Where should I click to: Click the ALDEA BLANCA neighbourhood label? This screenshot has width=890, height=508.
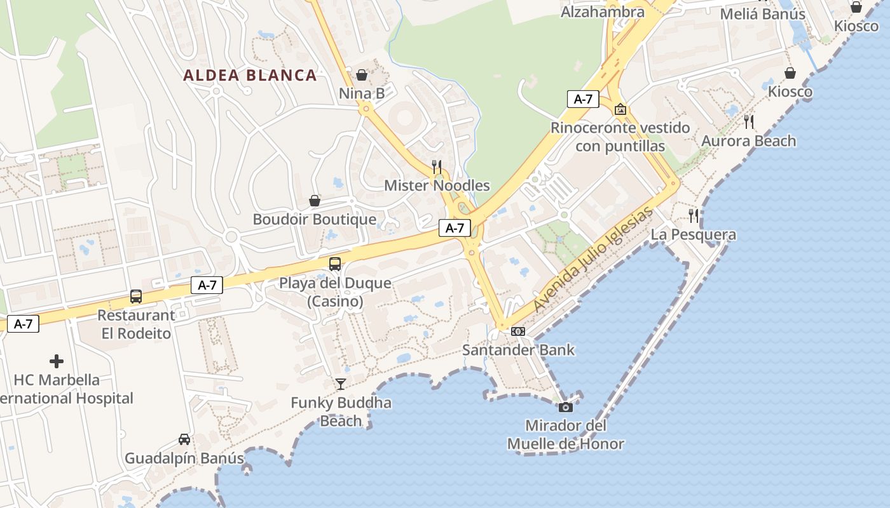pyautogui.click(x=250, y=75)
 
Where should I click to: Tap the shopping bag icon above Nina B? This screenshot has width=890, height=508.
pyautogui.click(x=362, y=75)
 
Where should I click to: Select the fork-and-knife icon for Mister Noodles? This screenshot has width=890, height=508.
pyautogui.click(x=437, y=166)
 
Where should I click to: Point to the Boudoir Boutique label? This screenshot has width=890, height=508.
pyautogui.click(x=315, y=220)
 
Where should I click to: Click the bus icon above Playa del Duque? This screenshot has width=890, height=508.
pyautogui.click(x=334, y=264)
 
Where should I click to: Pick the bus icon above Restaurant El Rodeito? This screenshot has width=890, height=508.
pyautogui.click(x=135, y=296)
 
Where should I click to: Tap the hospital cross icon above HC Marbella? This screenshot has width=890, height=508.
pyautogui.click(x=57, y=361)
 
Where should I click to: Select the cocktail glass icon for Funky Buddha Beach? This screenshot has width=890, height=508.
pyautogui.click(x=341, y=384)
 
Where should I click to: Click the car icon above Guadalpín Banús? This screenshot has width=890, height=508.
pyautogui.click(x=184, y=439)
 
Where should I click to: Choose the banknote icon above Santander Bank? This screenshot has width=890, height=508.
pyautogui.click(x=518, y=331)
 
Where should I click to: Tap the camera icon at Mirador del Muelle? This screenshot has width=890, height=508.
pyautogui.click(x=566, y=406)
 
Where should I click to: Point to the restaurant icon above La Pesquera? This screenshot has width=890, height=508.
pyautogui.click(x=694, y=216)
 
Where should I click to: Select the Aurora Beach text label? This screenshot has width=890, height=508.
pyautogui.click(x=748, y=141)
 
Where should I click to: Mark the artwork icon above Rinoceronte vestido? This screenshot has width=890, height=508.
pyautogui.click(x=620, y=109)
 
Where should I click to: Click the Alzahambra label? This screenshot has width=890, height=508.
pyautogui.click(x=603, y=11)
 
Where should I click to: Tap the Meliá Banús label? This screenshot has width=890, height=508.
pyautogui.click(x=762, y=14)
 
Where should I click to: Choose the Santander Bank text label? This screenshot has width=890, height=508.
pyautogui.click(x=518, y=350)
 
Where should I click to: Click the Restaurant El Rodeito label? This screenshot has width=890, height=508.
pyautogui.click(x=136, y=324)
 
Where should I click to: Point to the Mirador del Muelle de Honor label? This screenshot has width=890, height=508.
pyautogui.click(x=566, y=435)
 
